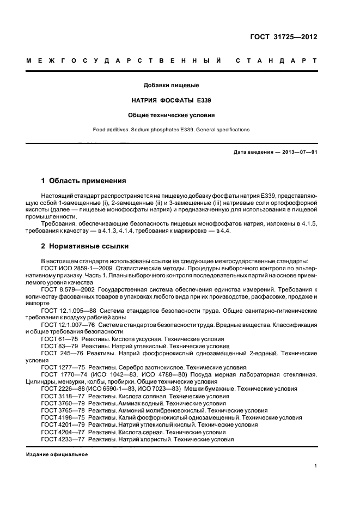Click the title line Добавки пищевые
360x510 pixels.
click(171, 86)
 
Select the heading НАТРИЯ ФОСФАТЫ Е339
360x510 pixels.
click(171, 101)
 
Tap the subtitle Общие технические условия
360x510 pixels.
click(171, 116)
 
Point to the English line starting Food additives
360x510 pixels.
click(171, 130)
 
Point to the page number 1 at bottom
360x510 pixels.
click(316, 466)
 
